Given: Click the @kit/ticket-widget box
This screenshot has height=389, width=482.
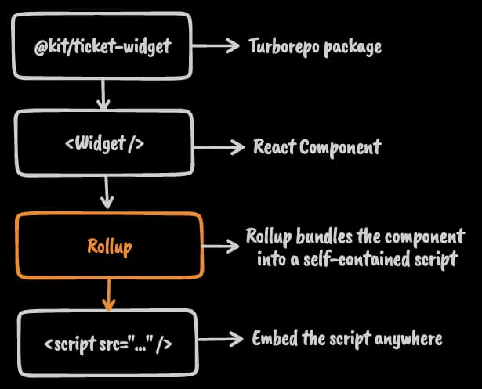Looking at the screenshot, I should click(103, 45).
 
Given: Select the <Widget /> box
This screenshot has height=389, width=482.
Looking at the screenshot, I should click(104, 146).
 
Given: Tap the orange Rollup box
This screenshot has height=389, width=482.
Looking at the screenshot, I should click(110, 247).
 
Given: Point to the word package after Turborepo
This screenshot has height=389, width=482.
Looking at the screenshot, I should click(353, 47).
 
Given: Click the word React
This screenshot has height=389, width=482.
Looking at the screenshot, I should click(274, 146).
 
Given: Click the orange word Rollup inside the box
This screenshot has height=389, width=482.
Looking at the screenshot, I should click(109, 247).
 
